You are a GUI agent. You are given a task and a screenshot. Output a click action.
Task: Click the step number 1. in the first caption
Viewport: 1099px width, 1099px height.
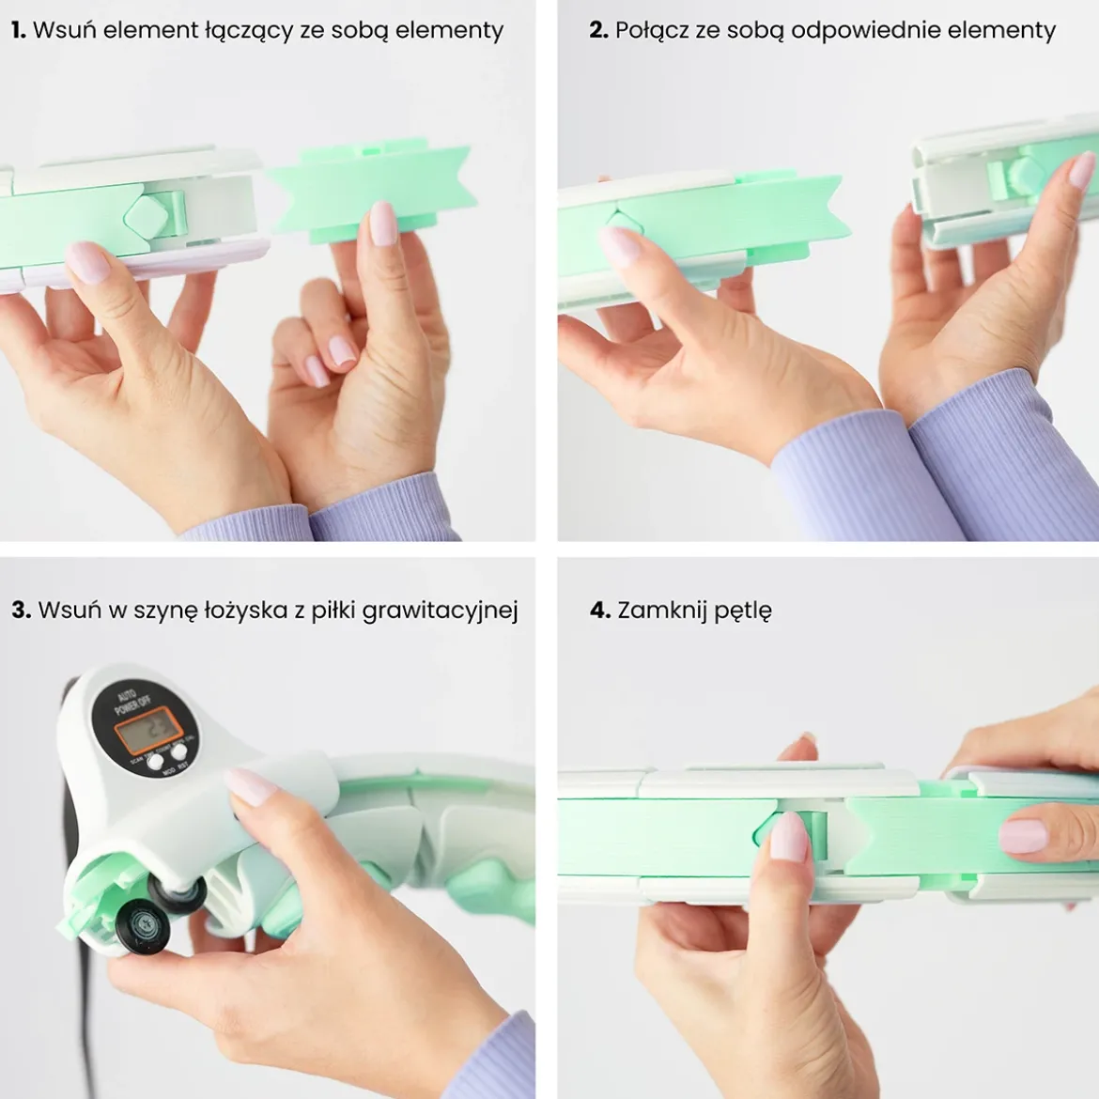click(x=19, y=30)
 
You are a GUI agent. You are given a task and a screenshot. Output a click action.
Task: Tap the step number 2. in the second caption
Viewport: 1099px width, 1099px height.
click(x=597, y=30)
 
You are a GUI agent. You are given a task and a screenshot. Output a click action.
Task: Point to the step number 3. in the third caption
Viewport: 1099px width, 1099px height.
click(x=21, y=610)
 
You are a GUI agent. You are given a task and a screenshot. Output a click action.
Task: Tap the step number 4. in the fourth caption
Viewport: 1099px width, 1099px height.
click(x=600, y=610)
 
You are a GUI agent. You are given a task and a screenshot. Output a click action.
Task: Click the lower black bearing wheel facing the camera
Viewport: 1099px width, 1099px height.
click(x=143, y=926)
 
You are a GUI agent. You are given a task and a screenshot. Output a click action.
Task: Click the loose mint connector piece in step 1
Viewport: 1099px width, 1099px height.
click(x=371, y=188)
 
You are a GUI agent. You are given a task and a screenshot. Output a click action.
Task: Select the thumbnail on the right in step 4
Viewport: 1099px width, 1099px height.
click(x=1023, y=834)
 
